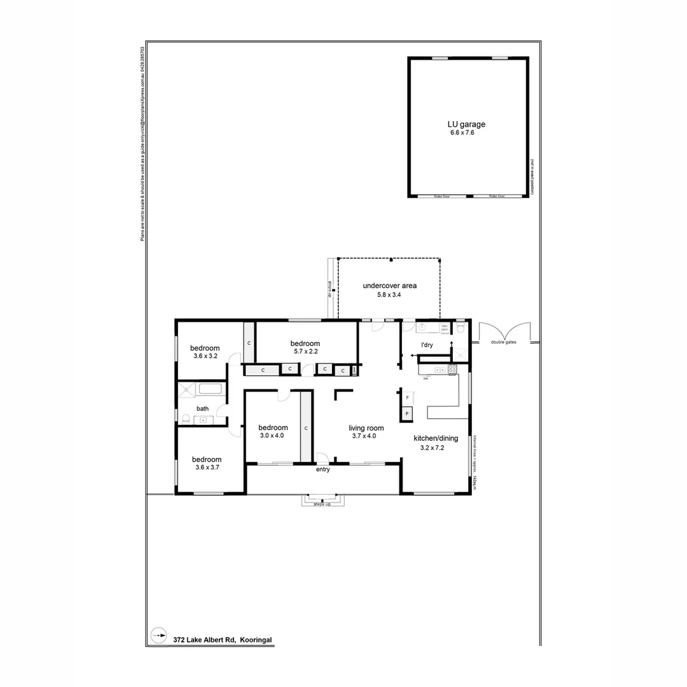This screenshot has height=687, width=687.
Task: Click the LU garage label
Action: (x=467, y=125)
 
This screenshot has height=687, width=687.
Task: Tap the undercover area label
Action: (x=389, y=286)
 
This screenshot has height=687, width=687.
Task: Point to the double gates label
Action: (x=504, y=342)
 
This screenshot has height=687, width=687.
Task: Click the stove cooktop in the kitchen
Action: (x=452, y=369)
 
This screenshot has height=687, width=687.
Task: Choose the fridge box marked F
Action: (x=407, y=397)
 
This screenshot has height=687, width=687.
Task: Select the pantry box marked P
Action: (x=407, y=414)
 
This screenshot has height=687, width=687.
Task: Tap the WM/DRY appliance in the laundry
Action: (x=445, y=328)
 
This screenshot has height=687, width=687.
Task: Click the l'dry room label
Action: (x=427, y=345)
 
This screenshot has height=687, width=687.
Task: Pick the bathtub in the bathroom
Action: (x=210, y=389)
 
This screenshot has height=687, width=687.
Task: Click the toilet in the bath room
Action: (x=186, y=419)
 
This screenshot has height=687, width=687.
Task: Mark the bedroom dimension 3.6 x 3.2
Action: (x=205, y=356)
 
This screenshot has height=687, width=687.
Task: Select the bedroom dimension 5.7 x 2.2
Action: (x=305, y=351)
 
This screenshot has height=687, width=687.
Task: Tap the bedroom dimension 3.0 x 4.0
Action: (x=272, y=436)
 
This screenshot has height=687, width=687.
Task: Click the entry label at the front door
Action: (x=323, y=470)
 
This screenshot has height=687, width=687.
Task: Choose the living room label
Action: (x=366, y=427)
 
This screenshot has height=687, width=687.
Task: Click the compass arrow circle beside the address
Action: (x=158, y=635)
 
